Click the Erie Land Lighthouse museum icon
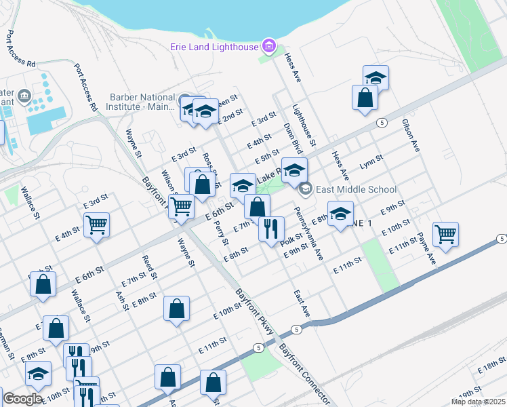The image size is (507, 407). (x=269, y=47)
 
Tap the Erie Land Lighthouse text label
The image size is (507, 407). (x=214, y=47)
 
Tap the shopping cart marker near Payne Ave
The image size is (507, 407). (x=445, y=234)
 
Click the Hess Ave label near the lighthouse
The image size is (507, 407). (x=293, y=68)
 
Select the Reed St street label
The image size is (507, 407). (x=149, y=267)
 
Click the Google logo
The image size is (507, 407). (x=22, y=399)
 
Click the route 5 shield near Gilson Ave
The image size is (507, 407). (x=383, y=123)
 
